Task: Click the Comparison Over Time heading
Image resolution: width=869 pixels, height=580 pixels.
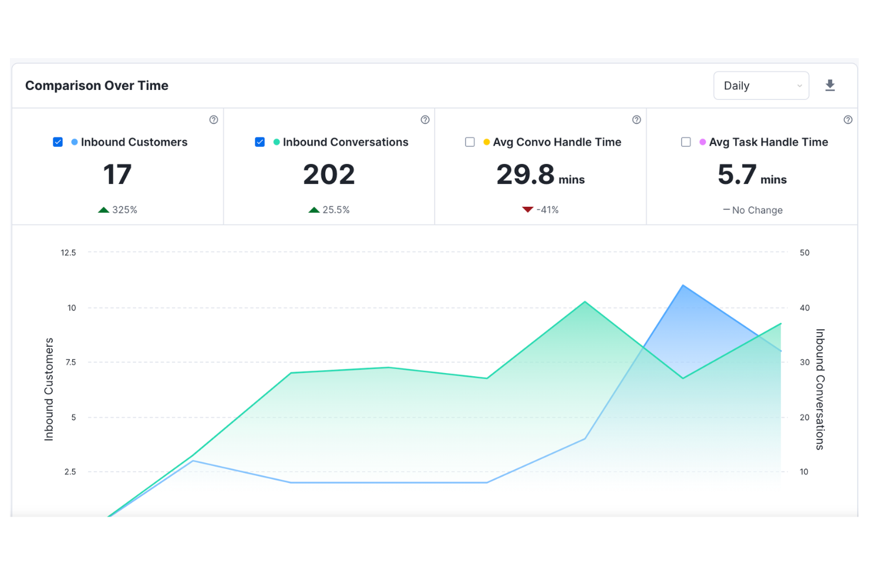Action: (97, 86)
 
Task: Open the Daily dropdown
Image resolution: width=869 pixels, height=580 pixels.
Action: (761, 86)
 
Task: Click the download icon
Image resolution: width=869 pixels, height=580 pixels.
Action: (830, 86)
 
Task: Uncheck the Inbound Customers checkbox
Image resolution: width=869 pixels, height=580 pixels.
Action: (58, 142)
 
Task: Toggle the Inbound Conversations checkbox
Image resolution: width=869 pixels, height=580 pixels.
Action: (260, 142)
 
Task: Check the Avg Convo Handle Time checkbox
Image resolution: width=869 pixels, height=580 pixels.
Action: (470, 142)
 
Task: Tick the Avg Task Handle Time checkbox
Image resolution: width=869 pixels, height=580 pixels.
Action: (686, 142)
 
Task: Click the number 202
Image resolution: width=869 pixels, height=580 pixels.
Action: (329, 175)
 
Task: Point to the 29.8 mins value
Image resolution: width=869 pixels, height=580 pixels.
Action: (540, 175)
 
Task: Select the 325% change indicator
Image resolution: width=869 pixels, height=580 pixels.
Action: (118, 210)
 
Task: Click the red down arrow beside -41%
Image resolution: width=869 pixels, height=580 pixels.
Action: (527, 209)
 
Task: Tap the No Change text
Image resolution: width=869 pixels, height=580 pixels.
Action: (757, 210)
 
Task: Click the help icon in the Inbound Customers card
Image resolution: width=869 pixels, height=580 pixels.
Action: (214, 120)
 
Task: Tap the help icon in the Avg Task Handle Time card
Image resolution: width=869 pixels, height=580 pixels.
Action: (848, 120)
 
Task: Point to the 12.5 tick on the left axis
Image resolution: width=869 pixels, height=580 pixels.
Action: (68, 253)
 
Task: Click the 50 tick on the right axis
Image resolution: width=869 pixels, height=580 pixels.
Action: (804, 253)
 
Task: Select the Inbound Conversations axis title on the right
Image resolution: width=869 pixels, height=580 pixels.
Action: (820, 389)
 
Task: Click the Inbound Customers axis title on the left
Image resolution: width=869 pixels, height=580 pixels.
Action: (49, 389)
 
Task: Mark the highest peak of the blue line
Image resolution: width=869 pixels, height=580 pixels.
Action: (683, 286)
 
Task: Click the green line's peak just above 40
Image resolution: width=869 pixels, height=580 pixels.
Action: (585, 302)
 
